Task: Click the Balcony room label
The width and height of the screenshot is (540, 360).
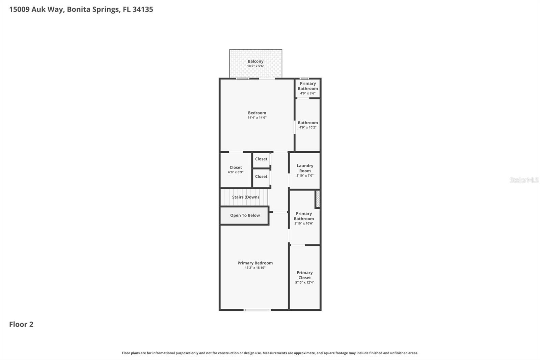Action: pyautogui.click(x=255, y=61)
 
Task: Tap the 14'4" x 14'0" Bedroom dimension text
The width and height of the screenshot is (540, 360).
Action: pyautogui.click(x=257, y=118)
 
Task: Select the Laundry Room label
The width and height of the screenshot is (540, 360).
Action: pyautogui.click(x=305, y=168)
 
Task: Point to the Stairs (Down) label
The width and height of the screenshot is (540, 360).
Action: pyautogui.click(x=245, y=197)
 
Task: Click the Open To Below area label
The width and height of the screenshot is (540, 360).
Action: pyautogui.click(x=245, y=215)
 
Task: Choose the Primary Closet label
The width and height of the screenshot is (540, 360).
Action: pyautogui.click(x=304, y=275)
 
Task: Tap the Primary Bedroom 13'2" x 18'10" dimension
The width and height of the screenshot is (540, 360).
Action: pyautogui.click(x=255, y=268)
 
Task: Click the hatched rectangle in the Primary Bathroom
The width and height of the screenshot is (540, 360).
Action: pyautogui.click(x=318, y=199)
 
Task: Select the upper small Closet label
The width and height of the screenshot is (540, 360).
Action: pyautogui.click(x=261, y=159)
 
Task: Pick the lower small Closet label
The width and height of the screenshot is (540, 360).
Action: pyautogui.click(x=261, y=176)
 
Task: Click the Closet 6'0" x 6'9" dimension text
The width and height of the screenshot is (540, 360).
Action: pyautogui.click(x=236, y=172)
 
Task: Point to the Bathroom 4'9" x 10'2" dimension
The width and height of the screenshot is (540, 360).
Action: pyautogui.click(x=307, y=127)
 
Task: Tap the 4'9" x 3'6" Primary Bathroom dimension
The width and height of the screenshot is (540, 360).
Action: pyautogui.click(x=307, y=93)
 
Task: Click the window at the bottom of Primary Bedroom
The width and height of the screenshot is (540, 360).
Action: pyautogui.click(x=257, y=310)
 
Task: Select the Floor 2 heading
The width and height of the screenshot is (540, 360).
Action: pyautogui.click(x=21, y=324)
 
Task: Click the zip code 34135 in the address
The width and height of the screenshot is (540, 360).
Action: pyautogui.click(x=143, y=9)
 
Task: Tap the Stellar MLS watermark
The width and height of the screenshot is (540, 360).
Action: pyautogui.click(x=524, y=180)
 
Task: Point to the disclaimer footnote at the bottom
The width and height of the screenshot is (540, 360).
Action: pyautogui.click(x=270, y=353)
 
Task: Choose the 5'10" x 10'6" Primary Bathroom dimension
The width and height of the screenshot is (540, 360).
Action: pyautogui.click(x=304, y=223)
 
